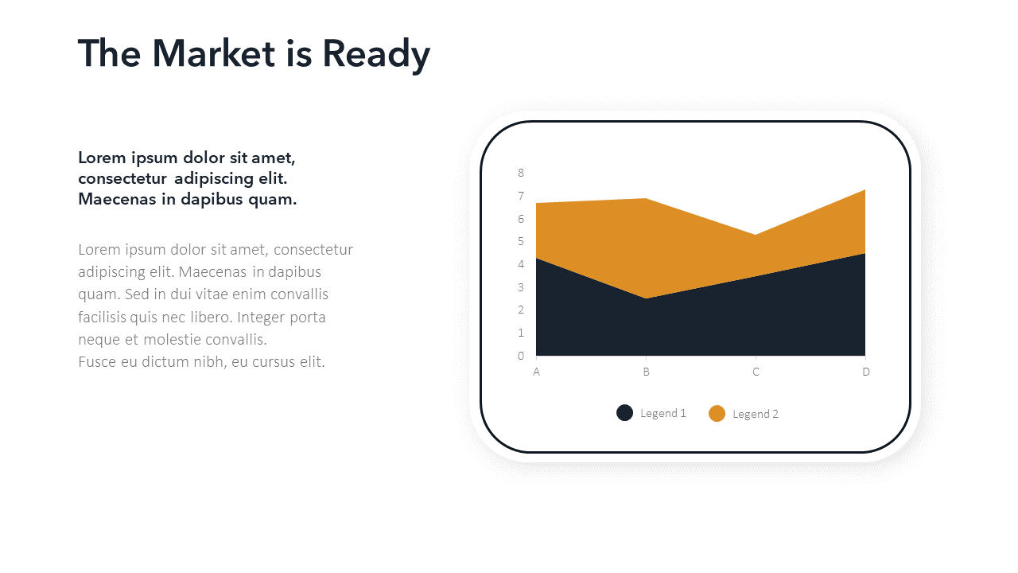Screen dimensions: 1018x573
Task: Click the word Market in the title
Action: pyautogui.click(x=213, y=53)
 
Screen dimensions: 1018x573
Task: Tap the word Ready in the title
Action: pyautogui.click(x=376, y=56)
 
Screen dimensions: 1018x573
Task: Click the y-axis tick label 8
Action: pyautogui.click(x=521, y=173)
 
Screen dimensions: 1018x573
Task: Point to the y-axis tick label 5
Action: pyautogui.click(x=521, y=241)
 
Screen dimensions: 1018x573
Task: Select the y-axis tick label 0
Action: pyautogui.click(x=521, y=356)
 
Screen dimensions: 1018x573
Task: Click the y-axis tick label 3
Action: pyautogui.click(x=521, y=287)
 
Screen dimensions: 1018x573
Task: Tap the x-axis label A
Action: pyautogui.click(x=536, y=372)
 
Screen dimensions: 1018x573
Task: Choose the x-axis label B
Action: pyautogui.click(x=647, y=372)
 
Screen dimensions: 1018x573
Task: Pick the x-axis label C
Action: pyautogui.click(x=756, y=372)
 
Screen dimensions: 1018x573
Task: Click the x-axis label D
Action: pyautogui.click(x=866, y=372)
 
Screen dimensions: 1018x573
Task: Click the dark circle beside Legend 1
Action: pyautogui.click(x=624, y=413)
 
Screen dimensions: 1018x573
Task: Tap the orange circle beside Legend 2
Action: pyautogui.click(x=717, y=413)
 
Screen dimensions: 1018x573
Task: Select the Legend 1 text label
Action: pyautogui.click(x=663, y=413)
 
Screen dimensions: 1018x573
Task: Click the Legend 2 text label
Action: pyautogui.click(x=756, y=415)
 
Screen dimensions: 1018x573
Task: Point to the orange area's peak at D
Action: pyautogui.click(x=865, y=189)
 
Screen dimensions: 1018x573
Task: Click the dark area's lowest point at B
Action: pyautogui.click(x=646, y=298)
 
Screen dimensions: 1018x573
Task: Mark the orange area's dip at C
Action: pyautogui.click(x=756, y=235)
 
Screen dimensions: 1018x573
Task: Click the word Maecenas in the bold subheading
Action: pyautogui.click(x=117, y=199)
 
